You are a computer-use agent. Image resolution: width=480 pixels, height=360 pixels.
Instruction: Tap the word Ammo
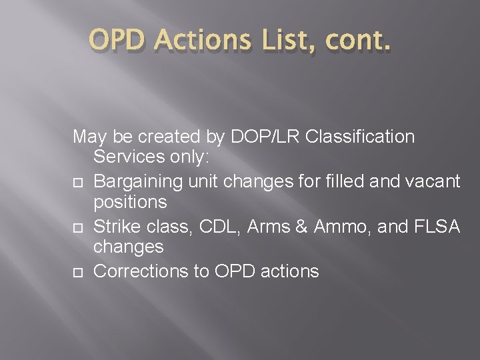[x=338, y=227]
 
